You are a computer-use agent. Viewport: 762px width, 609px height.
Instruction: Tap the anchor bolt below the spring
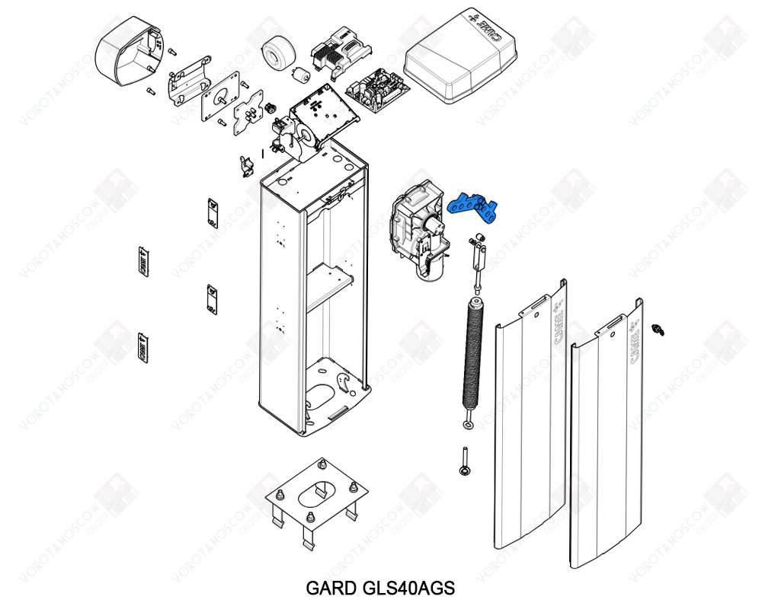463,461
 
